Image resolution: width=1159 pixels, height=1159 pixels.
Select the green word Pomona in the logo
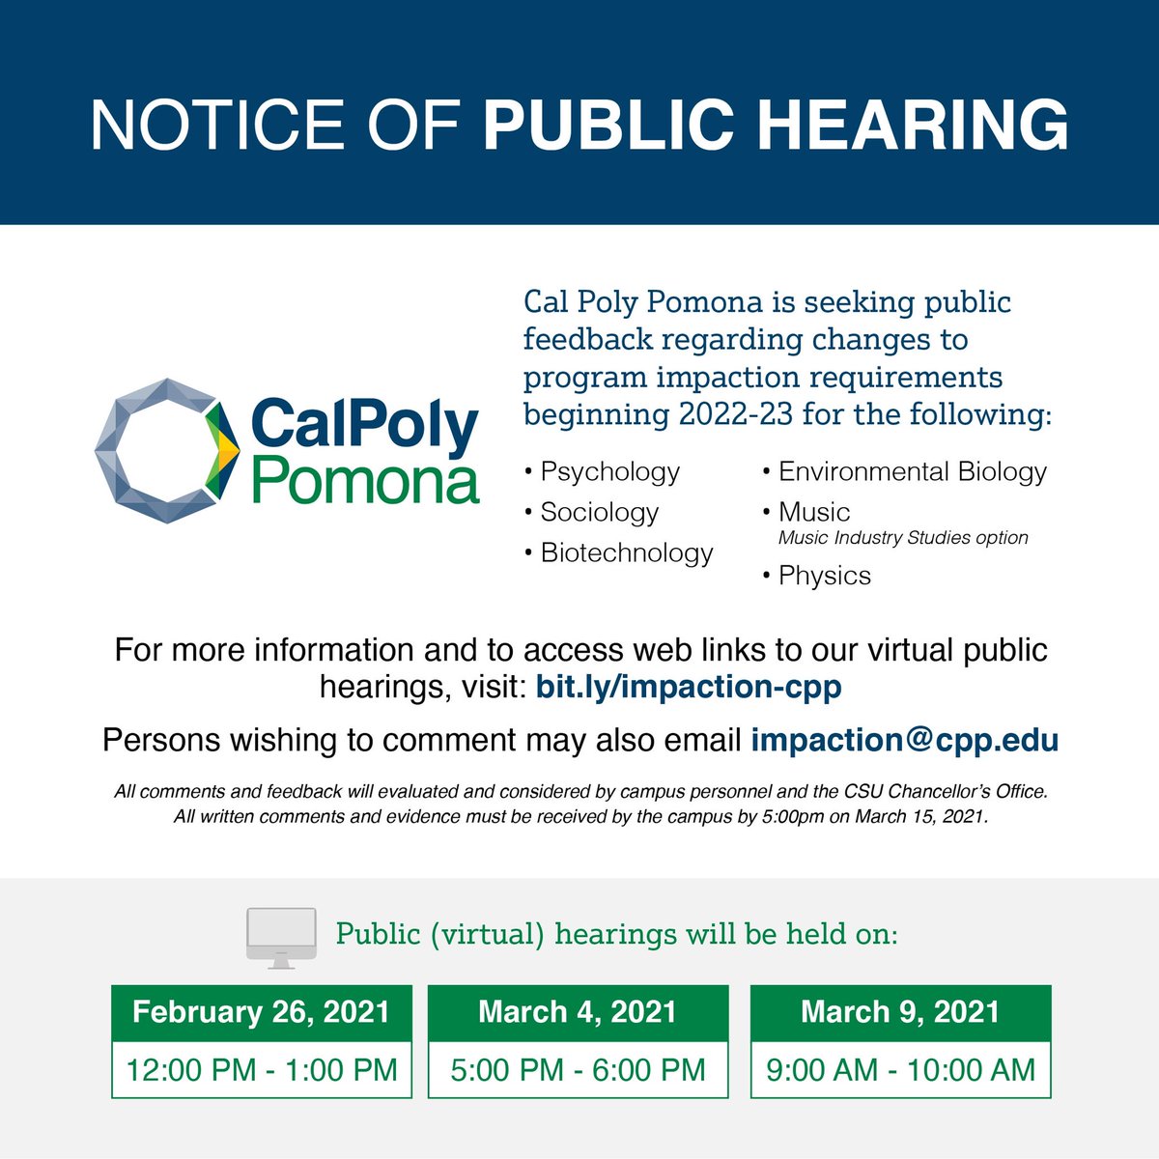pos(365,480)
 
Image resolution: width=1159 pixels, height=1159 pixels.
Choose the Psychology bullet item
pos(609,471)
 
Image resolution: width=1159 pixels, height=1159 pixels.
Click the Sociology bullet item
pos(599,512)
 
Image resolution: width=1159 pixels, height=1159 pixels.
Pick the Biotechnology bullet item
pos(626,552)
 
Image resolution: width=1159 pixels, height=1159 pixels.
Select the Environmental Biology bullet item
pos(912,471)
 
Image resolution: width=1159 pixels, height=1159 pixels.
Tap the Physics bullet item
pos(824,576)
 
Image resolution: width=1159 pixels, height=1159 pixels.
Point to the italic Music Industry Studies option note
pos(903,538)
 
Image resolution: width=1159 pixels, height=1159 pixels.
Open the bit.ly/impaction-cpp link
pos(689,687)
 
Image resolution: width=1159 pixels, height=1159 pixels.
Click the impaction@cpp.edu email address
pos(905,740)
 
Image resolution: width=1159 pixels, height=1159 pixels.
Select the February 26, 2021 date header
pos(262,1012)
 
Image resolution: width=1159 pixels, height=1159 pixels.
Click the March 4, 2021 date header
pos(578,1012)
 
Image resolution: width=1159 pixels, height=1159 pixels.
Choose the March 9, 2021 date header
pos(900,1012)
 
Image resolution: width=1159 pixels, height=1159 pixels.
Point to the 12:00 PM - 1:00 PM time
pos(262,1069)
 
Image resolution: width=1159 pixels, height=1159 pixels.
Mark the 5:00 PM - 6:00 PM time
pos(578,1069)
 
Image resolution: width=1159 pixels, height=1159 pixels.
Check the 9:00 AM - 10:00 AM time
pos(900,1069)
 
